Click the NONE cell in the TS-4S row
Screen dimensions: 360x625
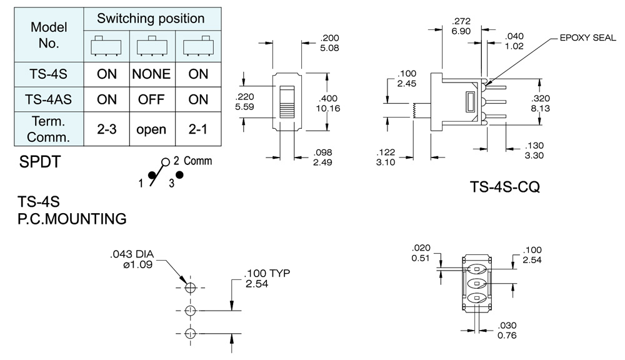click(x=151, y=74)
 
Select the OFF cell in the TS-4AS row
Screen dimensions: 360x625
click(x=151, y=99)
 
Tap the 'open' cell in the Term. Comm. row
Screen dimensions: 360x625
click(x=151, y=129)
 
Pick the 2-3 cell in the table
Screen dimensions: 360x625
click(x=107, y=129)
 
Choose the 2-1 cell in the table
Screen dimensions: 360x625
click(x=197, y=129)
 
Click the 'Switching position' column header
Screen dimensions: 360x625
click(x=152, y=18)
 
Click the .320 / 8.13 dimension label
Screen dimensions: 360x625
click(x=540, y=103)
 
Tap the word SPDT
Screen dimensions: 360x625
click(x=41, y=163)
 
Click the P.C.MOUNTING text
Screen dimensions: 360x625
click(x=72, y=219)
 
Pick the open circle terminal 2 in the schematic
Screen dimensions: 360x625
click(x=166, y=161)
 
